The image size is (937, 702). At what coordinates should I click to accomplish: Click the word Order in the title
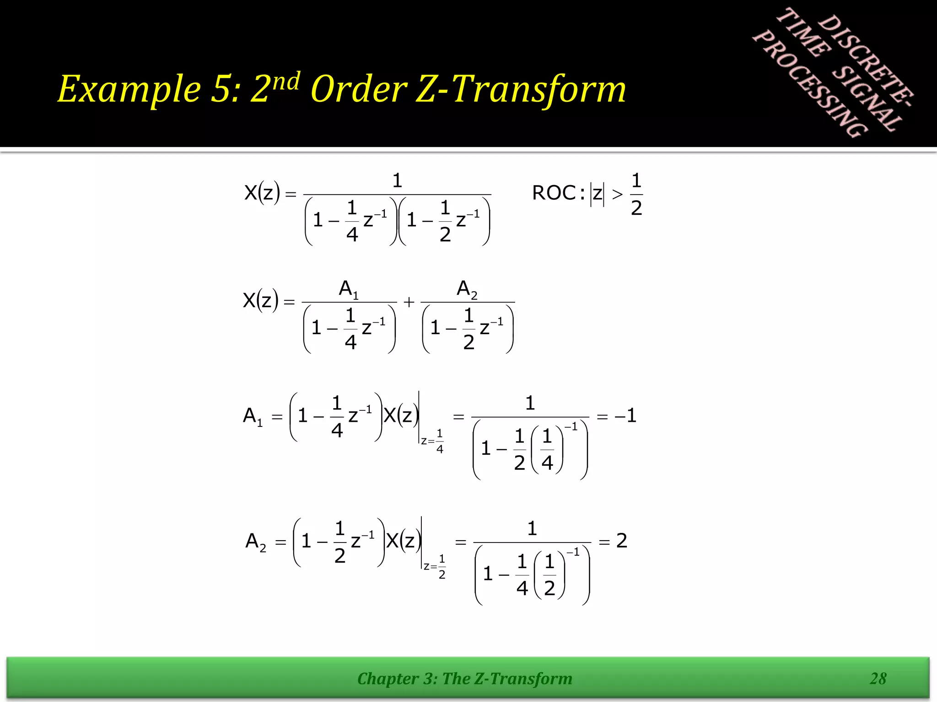click(x=359, y=89)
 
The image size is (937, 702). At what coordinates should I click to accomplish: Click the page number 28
click(x=878, y=678)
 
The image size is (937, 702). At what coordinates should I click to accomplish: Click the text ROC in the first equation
click(x=554, y=193)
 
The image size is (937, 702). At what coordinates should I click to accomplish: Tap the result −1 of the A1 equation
click(x=625, y=416)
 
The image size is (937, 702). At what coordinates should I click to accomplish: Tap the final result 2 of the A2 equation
click(x=621, y=541)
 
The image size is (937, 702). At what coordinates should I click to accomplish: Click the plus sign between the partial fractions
click(x=409, y=302)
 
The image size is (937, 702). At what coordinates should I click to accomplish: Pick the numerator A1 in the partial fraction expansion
click(x=349, y=289)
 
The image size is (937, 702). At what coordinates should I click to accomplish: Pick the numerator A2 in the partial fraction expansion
click(x=467, y=289)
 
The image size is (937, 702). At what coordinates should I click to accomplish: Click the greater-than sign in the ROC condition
click(x=617, y=194)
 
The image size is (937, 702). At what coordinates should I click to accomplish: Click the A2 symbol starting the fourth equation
click(x=256, y=542)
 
